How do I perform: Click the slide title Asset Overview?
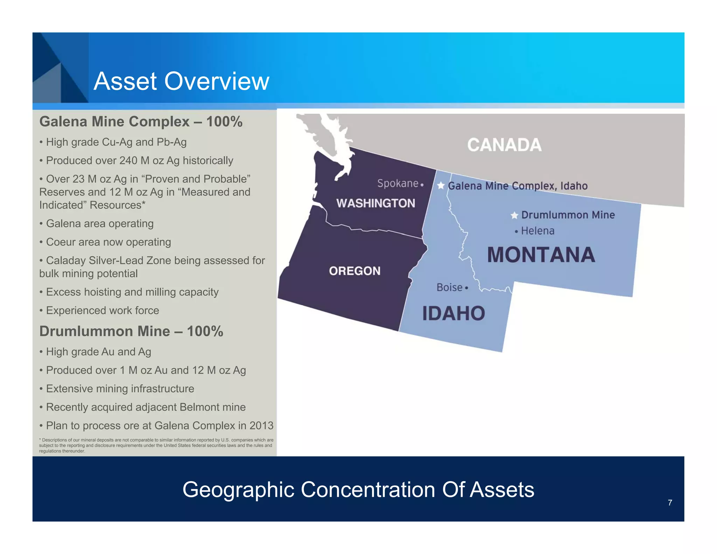[181, 81]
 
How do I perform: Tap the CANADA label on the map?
[504, 145]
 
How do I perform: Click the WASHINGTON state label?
[376, 203]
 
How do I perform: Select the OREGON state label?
[354, 271]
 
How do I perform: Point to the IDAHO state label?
[453, 313]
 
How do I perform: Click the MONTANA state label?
[541, 255]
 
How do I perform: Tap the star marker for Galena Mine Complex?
[441, 185]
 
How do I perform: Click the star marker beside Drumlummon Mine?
[514, 215]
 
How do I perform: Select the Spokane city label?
[398, 183]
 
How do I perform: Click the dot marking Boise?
[466, 288]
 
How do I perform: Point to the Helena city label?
[537, 231]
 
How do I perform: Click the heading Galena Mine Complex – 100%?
[141, 122]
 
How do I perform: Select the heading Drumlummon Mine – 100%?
[131, 331]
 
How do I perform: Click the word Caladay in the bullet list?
[66, 261]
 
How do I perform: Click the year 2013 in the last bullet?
[261, 425]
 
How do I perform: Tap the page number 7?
[670, 503]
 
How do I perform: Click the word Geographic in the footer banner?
[238, 489]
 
